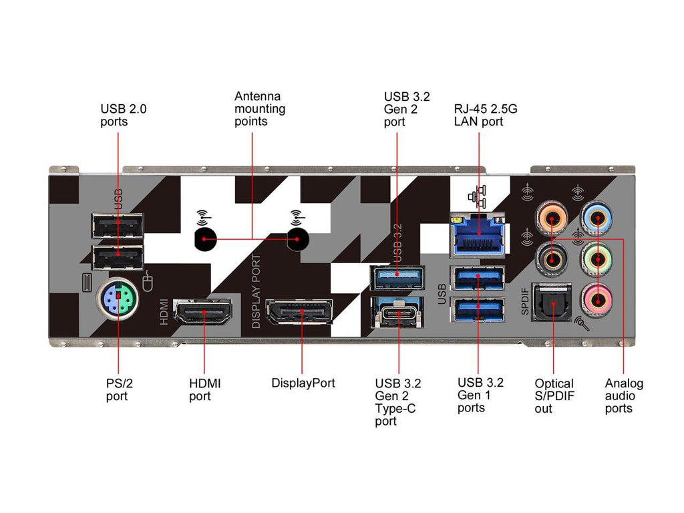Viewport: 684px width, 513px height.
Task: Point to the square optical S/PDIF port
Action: click(x=552, y=302)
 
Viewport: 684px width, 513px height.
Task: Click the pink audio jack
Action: click(x=596, y=299)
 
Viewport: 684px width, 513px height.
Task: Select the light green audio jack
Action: click(x=596, y=257)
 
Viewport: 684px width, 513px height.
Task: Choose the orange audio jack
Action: click(x=553, y=217)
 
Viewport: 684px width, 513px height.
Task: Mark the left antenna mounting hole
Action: click(x=205, y=238)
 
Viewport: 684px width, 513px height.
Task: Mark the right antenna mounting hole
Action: click(x=297, y=238)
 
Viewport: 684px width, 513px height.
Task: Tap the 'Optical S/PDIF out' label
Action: click(x=554, y=395)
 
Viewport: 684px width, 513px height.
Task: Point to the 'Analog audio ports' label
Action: click(x=624, y=395)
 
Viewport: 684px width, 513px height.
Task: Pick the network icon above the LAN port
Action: click(x=478, y=196)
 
